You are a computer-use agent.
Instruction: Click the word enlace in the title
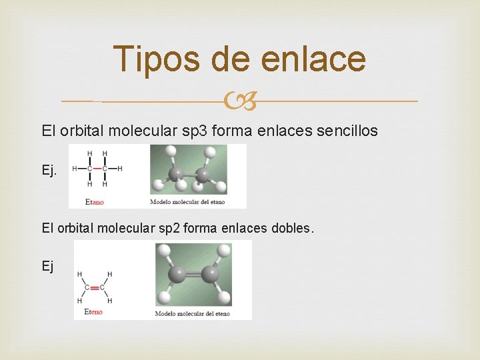coord(313,59)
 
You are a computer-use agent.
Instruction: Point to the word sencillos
coord(347,131)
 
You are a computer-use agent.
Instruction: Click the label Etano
coord(95,201)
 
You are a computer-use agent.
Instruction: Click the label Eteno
coord(93,312)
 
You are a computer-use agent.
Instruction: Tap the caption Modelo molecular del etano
coord(187,202)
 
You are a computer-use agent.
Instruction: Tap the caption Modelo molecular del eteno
coord(192,313)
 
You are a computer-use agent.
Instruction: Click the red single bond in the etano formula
coord(97,169)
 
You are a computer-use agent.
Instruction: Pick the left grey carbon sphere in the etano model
coord(177,175)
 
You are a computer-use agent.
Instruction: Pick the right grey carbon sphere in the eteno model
coord(211,274)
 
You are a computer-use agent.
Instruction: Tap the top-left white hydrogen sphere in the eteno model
coord(163,250)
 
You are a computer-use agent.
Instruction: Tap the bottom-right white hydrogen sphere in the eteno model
coord(224,297)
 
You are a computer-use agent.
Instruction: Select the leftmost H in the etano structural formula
coord(74,169)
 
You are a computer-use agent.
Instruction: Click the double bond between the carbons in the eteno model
coord(194,274)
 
